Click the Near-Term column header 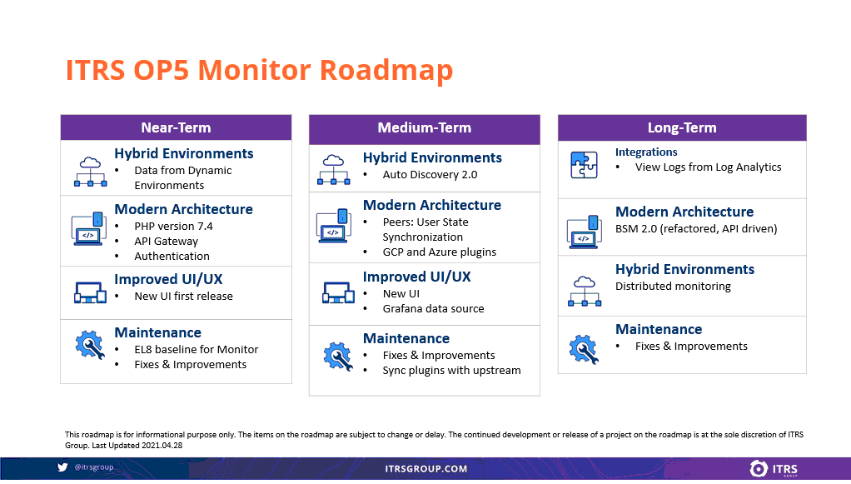(x=176, y=127)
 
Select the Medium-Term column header (x=425, y=127)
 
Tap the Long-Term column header (x=682, y=127)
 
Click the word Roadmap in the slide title (x=386, y=71)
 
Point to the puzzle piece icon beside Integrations (x=584, y=165)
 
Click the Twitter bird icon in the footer (x=62, y=467)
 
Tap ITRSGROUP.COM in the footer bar (x=426, y=469)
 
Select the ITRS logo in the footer (x=774, y=469)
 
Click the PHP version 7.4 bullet (x=174, y=226)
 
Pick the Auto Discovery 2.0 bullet (x=430, y=174)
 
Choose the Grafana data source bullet (x=433, y=308)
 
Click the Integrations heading (x=646, y=152)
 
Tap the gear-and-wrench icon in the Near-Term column (x=90, y=344)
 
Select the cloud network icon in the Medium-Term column (x=333, y=169)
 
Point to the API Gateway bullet (x=166, y=242)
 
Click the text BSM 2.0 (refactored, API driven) (x=696, y=229)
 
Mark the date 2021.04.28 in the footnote (x=162, y=446)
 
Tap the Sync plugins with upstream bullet (x=451, y=371)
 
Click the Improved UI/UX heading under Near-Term (x=168, y=279)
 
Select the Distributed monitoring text (x=673, y=287)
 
